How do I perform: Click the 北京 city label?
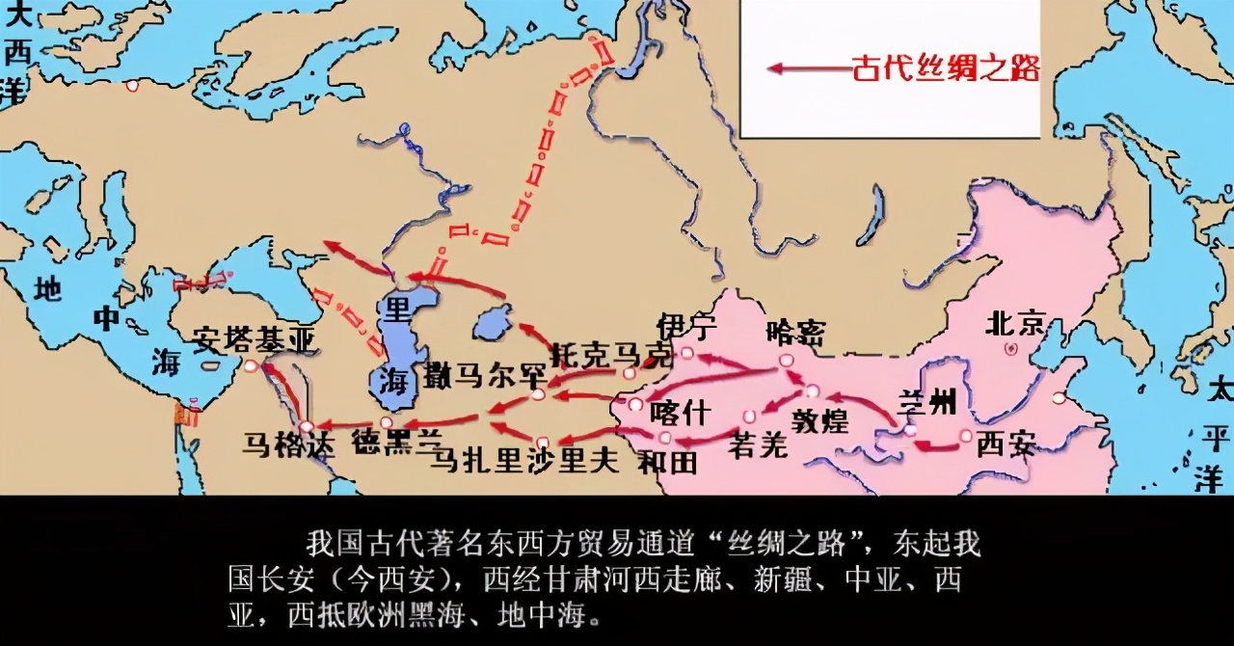click(x=1015, y=323)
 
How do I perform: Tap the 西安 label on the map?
click(x=1006, y=444)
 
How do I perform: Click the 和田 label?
click(x=666, y=462)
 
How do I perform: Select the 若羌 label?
click(x=759, y=444)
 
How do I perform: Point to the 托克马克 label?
click(x=608, y=355)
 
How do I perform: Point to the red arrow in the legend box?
click(x=805, y=68)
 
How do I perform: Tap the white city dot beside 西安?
click(x=965, y=437)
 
